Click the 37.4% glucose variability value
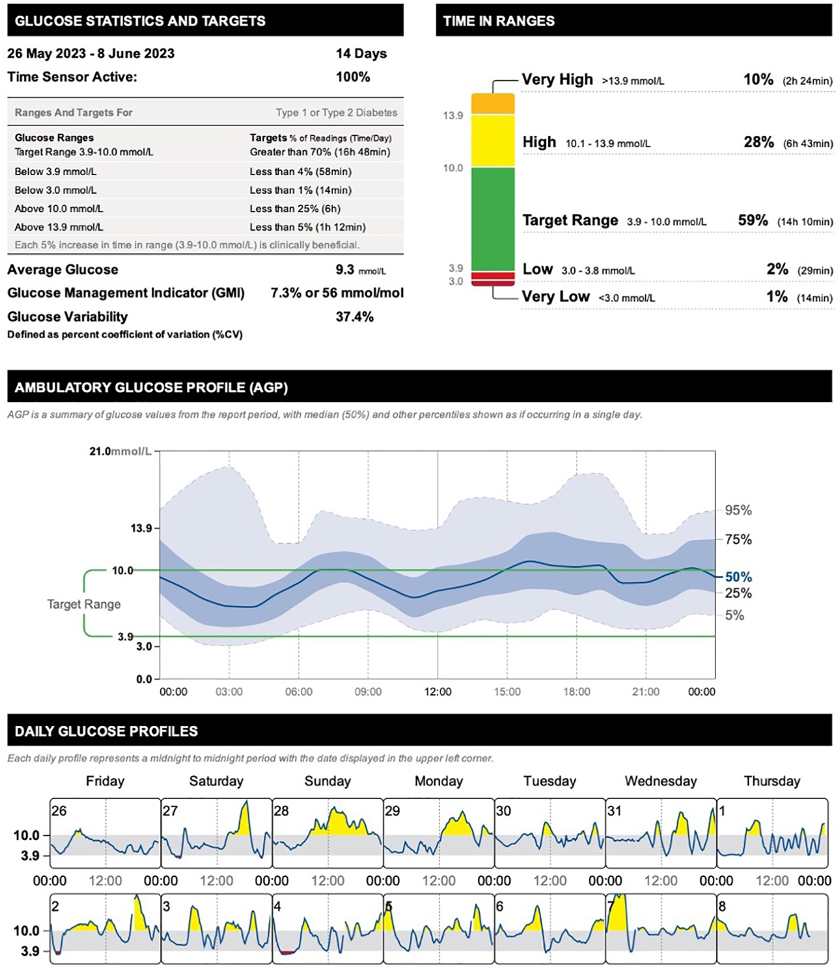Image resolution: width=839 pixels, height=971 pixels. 355,317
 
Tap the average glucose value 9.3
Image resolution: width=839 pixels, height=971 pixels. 345,270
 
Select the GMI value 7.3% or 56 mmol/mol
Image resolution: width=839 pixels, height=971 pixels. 337,293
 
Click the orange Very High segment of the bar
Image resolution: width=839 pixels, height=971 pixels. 493,104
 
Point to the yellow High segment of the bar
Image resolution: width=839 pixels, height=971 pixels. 493,140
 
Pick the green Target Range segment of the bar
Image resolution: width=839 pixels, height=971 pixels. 493,219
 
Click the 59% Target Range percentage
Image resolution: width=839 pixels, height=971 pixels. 753,220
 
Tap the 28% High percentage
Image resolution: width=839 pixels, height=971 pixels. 758,142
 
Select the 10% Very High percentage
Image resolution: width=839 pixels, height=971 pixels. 758,80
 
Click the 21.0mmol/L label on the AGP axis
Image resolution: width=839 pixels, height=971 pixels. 120,451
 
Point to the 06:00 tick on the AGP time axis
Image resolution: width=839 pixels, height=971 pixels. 298,692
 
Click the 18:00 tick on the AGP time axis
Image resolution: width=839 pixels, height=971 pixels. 576,692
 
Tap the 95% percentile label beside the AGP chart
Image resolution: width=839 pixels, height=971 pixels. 738,510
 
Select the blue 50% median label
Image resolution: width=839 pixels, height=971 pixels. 738,577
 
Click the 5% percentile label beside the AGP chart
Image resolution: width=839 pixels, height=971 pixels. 734,615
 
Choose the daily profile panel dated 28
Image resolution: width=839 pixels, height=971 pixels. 327,833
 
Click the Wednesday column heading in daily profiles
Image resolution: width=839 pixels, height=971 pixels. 660,781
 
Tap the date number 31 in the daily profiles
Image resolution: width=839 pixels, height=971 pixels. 614,811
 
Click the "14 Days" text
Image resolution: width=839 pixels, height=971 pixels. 361,54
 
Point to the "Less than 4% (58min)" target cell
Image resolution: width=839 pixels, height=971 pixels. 300,172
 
